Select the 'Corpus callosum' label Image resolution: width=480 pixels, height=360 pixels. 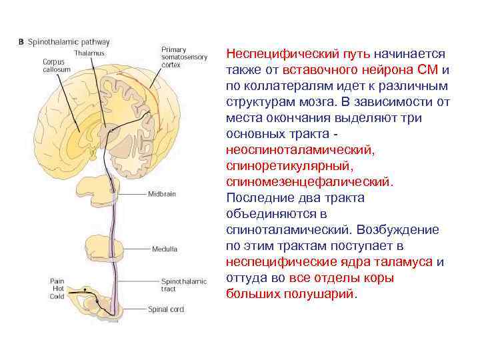(x=53, y=66)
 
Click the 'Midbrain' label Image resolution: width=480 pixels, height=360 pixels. (x=161, y=194)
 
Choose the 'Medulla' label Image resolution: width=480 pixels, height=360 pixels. (x=164, y=249)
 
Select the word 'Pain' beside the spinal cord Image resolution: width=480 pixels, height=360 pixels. (x=57, y=281)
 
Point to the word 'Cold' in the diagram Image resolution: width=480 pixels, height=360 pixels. (x=57, y=296)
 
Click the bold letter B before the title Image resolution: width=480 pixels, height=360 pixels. (x=21, y=42)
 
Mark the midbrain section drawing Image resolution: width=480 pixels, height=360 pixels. (x=107, y=190)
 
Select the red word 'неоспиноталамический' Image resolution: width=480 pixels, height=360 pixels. (x=300, y=149)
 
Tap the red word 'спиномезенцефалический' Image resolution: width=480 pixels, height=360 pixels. (x=309, y=181)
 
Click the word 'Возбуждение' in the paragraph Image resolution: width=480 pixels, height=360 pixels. (x=398, y=229)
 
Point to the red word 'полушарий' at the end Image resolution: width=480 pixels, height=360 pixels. (x=320, y=293)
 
